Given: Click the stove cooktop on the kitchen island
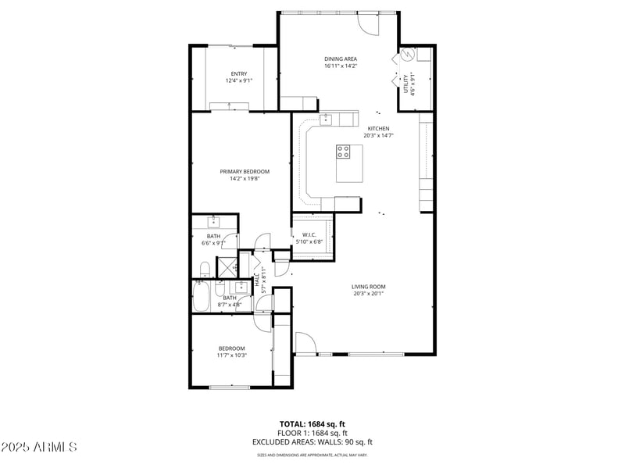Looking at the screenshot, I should click(x=344, y=152).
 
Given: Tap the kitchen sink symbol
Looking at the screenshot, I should click(x=326, y=119).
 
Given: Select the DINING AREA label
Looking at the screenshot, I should click(x=341, y=59).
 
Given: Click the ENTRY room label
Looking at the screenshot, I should click(x=239, y=74).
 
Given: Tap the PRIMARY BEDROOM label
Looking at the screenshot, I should click(x=245, y=172).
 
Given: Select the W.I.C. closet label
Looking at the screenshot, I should click(x=308, y=234).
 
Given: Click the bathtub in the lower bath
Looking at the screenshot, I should click(x=200, y=297).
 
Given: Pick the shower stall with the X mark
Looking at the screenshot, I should click(x=227, y=266).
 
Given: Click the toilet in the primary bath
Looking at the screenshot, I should click(x=204, y=270).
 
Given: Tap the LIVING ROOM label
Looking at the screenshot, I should click(x=368, y=287).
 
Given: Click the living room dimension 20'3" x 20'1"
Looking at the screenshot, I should click(x=368, y=295).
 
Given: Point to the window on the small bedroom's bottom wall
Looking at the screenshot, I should click(x=230, y=387).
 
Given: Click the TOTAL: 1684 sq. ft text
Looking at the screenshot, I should click(x=312, y=424).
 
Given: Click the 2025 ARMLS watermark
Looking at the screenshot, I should click(x=39, y=447).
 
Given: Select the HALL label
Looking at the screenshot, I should click(x=257, y=279).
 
